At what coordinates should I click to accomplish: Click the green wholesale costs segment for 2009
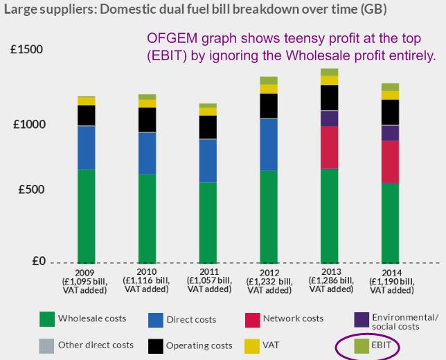86,215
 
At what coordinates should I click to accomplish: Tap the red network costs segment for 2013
329,147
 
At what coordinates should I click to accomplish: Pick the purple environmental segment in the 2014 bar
390,133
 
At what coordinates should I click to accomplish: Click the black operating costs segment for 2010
148,120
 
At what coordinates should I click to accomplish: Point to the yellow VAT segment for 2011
208,111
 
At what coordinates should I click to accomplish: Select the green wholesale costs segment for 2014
390,222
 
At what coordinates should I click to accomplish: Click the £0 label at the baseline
37,262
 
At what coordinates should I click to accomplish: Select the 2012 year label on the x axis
268,273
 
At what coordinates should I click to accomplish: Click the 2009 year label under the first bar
86,272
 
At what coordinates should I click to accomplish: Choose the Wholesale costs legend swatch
47,319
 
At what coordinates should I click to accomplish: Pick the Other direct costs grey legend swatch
47,345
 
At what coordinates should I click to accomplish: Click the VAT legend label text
271,345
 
